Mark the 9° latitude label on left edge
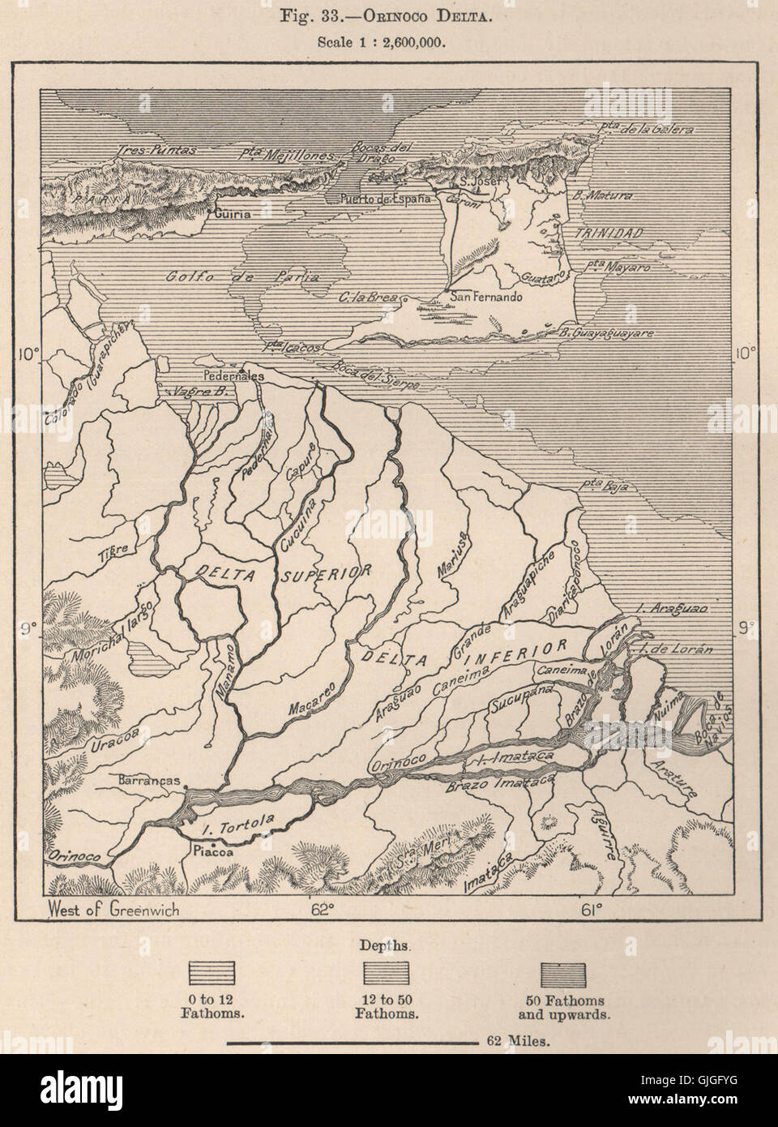coord(28,628)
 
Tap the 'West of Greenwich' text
coord(114,909)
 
